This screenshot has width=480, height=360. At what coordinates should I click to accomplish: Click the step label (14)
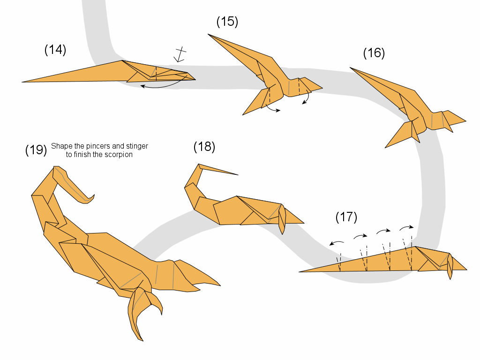pyautogui.click(x=55, y=50)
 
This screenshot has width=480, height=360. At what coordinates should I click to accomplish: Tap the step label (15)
pyautogui.click(x=227, y=22)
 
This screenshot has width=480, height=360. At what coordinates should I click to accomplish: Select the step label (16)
pyautogui.click(x=374, y=53)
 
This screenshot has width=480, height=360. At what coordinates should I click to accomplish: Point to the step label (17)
pyautogui.click(x=346, y=217)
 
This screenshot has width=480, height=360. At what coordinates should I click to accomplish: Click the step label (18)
pyautogui.click(x=204, y=147)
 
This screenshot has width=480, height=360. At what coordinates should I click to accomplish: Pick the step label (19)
pyautogui.click(x=36, y=150)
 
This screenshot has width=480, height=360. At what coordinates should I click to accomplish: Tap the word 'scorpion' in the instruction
pyautogui.click(x=119, y=154)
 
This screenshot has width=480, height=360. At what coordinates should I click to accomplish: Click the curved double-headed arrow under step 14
pyautogui.click(x=162, y=87)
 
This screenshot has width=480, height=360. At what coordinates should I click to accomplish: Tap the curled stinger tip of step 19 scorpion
pyautogui.click(x=93, y=195)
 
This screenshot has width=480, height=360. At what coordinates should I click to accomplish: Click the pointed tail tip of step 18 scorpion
pyautogui.click(x=237, y=174)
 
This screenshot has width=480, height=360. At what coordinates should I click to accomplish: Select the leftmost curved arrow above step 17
pyautogui.click(x=337, y=243)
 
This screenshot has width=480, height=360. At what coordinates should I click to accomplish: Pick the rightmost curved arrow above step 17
pyautogui.click(x=406, y=228)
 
